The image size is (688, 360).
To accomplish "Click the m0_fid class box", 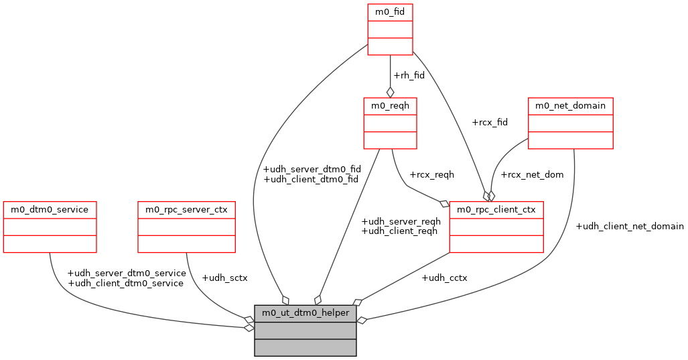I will (x=390, y=29).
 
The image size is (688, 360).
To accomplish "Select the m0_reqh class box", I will (x=390, y=123).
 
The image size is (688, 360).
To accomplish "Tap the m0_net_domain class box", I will (x=570, y=123).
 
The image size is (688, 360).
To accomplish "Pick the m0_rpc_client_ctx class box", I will (x=496, y=227).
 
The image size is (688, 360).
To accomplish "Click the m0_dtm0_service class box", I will (x=50, y=227).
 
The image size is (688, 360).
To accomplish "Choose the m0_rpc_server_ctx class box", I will (x=186, y=227).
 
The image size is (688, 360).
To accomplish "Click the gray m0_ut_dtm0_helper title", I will (x=305, y=313).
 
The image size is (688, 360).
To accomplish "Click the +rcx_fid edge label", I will (x=490, y=122).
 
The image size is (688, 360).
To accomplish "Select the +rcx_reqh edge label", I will (x=431, y=174).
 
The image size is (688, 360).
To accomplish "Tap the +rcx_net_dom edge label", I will (x=532, y=174).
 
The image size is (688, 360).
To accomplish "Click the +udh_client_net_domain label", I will (x=629, y=226).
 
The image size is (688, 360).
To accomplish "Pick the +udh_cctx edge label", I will (x=444, y=278).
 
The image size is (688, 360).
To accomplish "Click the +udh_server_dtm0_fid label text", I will (x=312, y=169).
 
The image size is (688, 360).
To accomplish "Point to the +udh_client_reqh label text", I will (x=399, y=231).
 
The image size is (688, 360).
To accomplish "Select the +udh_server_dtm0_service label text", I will (x=127, y=273).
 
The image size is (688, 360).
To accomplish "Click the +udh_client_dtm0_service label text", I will (x=125, y=283).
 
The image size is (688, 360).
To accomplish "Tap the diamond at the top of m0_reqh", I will (x=390, y=93).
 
